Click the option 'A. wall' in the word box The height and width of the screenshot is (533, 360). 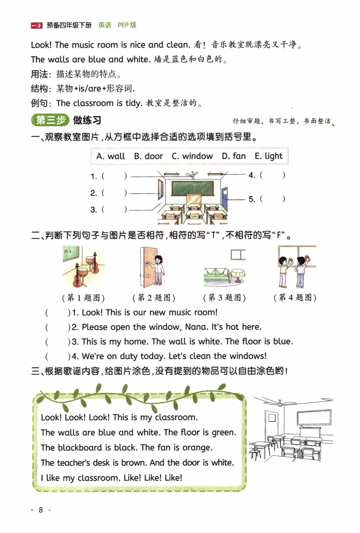[x=111, y=156]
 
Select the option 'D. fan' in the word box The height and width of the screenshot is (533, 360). [x=234, y=156]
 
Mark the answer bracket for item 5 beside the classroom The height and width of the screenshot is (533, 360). [x=273, y=199]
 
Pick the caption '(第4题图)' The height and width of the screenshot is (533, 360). [x=295, y=298]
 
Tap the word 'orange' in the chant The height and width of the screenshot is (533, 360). [x=196, y=447]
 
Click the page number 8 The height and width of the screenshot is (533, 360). [x=40, y=510]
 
